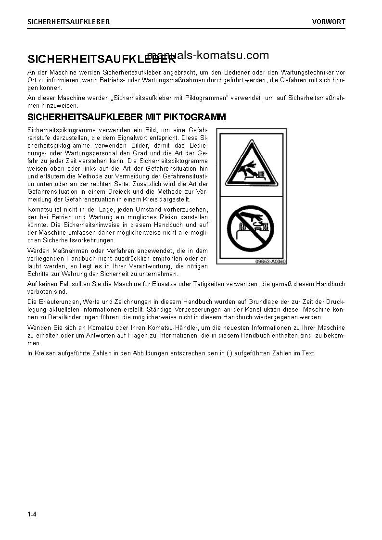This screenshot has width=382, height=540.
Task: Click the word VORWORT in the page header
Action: pyautogui.click(x=329, y=22)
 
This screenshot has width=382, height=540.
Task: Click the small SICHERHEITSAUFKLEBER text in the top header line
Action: pyautogui.click(x=69, y=22)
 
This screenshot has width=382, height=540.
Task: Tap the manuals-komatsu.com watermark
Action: pyautogui.click(x=208, y=55)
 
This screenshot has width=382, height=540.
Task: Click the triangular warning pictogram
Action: pyautogui.click(x=251, y=163)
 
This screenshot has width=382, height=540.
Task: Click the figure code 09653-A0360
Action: pyautogui.click(x=270, y=262)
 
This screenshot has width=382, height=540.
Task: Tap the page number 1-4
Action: pyautogui.click(x=32, y=515)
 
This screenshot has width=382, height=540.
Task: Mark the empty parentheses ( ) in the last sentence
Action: pyautogui.click(x=229, y=353)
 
